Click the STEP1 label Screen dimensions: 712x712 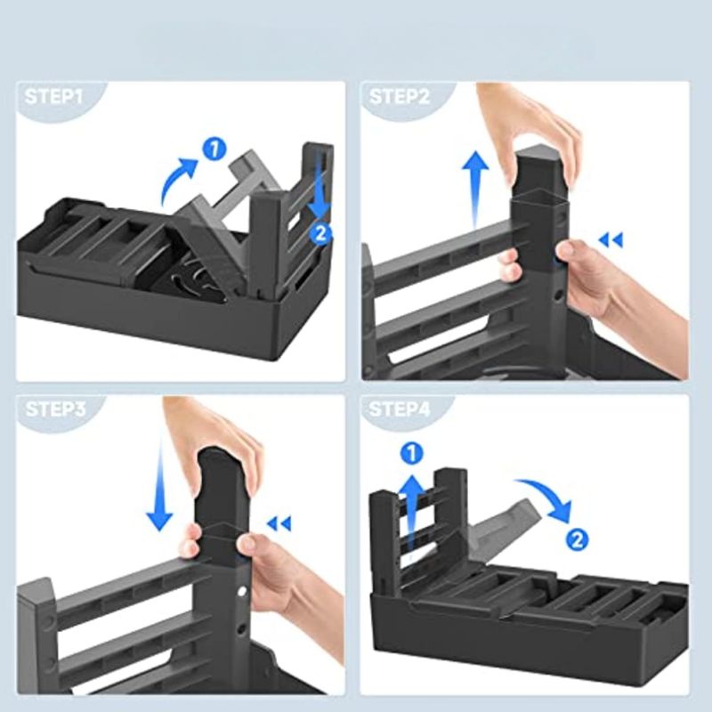(x=53, y=97)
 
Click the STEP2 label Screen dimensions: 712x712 (x=399, y=97)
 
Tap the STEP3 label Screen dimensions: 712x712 (x=55, y=409)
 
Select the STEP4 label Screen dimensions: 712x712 (x=399, y=409)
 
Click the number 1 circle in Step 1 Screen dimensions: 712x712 (x=214, y=149)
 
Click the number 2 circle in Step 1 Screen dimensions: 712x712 (x=320, y=233)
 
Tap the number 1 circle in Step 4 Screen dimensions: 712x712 (x=412, y=454)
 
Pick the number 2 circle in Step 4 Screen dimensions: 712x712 (x=577, y=540)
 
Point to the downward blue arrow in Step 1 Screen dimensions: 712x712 (x=321, y=186)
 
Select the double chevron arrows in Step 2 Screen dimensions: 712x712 (x=611, y=239)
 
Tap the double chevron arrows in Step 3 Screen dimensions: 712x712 (x=279, y=524)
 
